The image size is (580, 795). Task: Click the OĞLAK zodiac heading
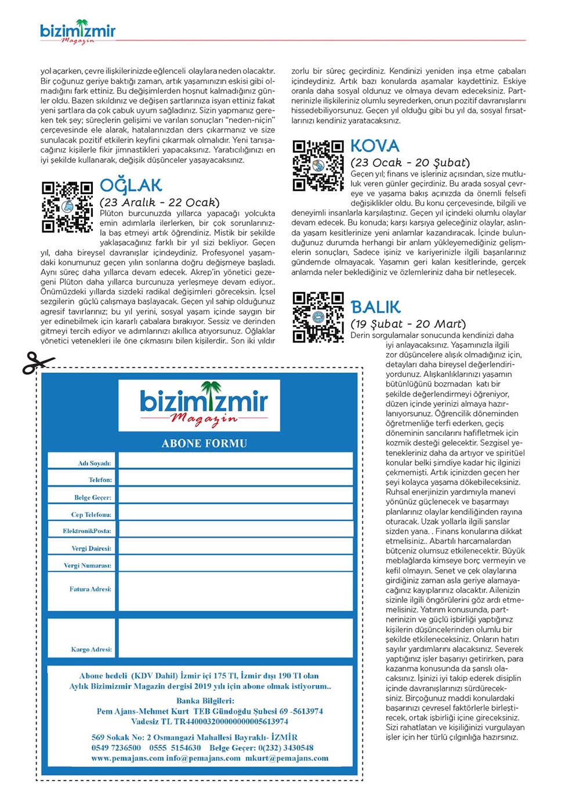131,185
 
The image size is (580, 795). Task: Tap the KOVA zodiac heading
375,146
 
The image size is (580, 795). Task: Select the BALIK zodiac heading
376,307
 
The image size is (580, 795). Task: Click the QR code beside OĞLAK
67,207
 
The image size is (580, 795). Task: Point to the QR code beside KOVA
318,166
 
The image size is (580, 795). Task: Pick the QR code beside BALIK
318,318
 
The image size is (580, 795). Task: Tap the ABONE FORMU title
204,443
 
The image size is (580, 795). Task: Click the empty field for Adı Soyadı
235,461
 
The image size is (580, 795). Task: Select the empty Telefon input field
235,478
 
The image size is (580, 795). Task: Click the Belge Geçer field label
92,497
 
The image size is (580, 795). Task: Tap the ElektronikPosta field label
87,531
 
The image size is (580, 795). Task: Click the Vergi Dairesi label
91,548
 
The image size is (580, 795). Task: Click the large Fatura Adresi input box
235,591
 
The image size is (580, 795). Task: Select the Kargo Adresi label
91,649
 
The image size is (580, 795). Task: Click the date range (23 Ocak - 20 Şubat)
410,163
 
